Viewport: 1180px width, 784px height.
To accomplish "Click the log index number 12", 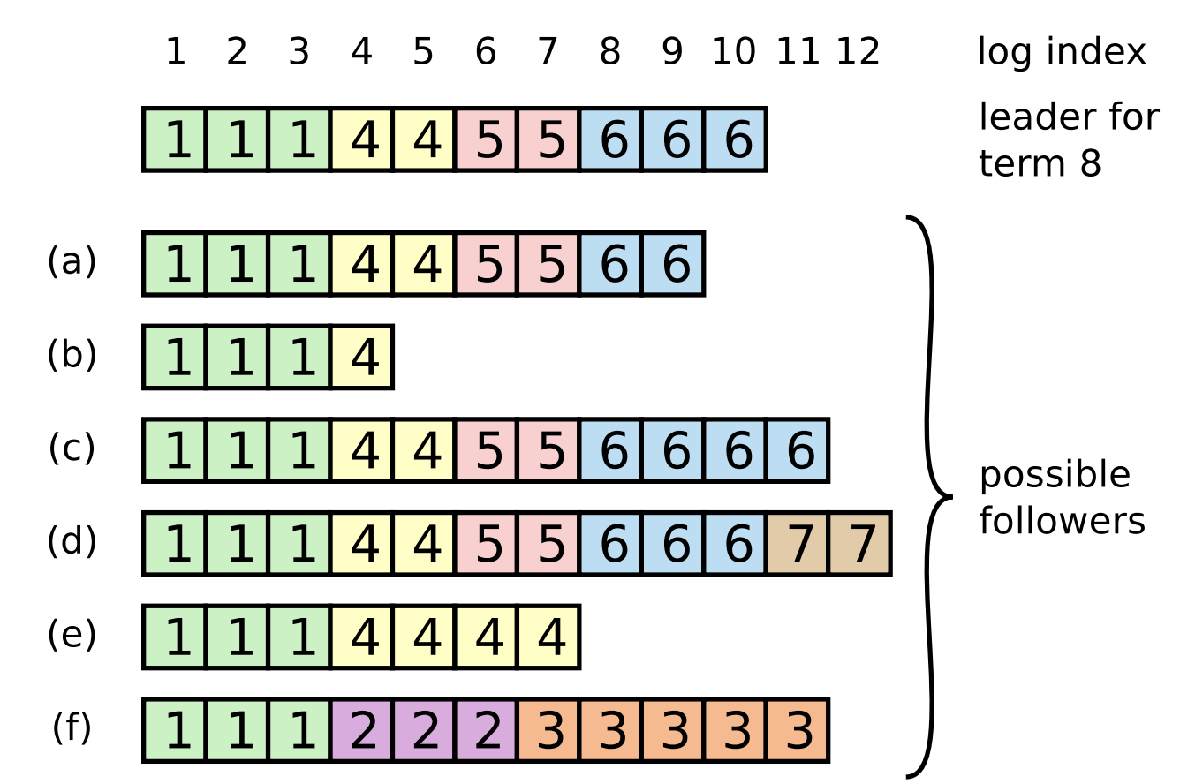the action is point(859,53).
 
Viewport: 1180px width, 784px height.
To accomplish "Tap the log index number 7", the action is point(548,53).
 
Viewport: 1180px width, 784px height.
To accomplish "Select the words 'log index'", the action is point(1062,53).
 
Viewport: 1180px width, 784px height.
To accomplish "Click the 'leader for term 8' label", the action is point(1068,140).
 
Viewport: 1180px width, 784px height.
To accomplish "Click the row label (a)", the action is point(72,261).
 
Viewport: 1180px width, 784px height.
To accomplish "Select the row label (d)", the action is point(72,541).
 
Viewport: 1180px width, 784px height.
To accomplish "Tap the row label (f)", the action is point(72,728).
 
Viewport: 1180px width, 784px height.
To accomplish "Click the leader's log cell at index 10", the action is point(736,139).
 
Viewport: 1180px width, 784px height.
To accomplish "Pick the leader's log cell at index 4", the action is point(362,139).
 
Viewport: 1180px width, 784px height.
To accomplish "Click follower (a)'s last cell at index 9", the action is point(673,264).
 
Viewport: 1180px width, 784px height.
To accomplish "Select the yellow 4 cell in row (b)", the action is point(362,358).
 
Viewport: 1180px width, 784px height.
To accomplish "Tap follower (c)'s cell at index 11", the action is point(798,451).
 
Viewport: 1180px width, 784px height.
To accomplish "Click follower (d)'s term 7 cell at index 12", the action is point(860,544).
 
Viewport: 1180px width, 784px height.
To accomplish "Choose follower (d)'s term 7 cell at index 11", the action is point(798,544).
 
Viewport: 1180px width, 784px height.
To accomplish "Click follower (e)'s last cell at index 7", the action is point(548,637).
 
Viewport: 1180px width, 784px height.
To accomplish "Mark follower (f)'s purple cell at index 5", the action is point(425,731).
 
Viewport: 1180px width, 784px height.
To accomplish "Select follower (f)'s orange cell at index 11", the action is point(798,731).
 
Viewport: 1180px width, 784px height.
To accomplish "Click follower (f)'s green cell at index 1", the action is point(176,731).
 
